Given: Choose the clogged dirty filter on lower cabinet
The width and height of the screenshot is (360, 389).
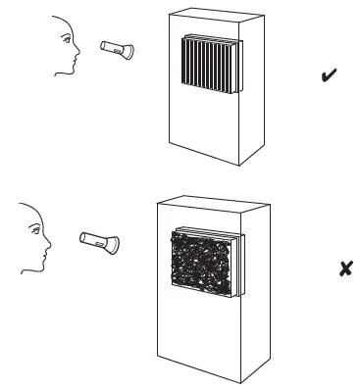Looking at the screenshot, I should [x=203, y=263].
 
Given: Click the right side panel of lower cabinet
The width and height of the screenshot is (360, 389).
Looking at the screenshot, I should [x=256, y=294].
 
